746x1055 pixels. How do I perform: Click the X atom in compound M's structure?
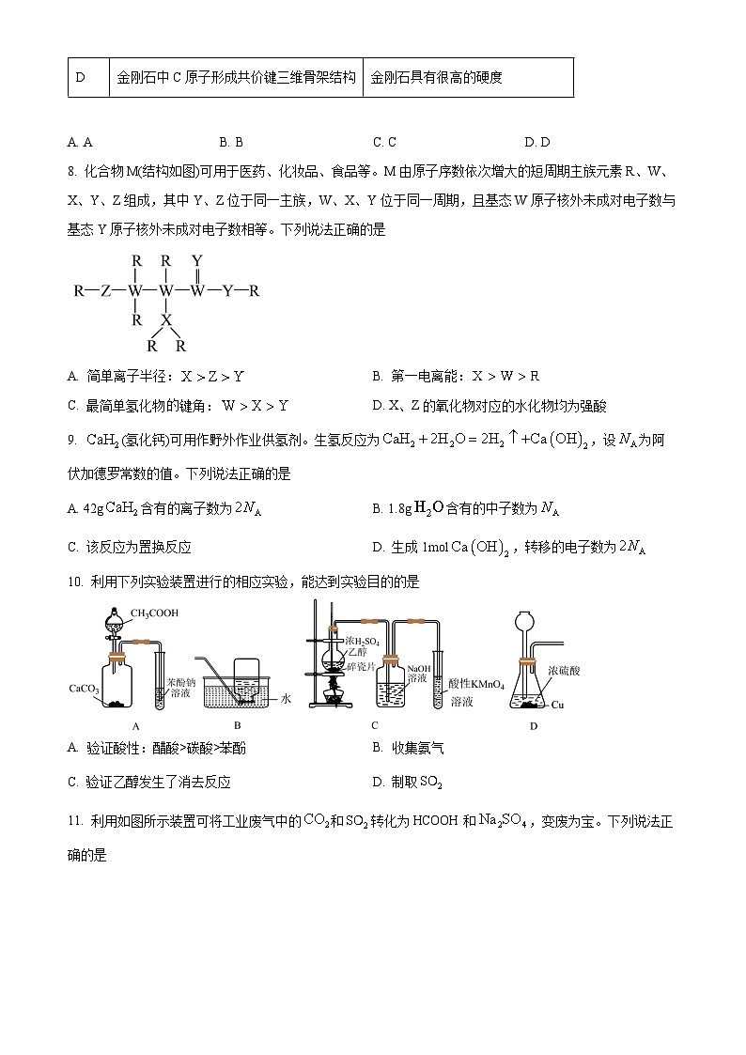[x=166, y=320]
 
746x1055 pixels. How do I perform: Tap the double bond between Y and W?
[x=196, y=276]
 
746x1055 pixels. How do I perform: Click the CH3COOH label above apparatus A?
[x=154, y=613]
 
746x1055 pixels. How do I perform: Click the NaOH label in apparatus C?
[x=418, y=669]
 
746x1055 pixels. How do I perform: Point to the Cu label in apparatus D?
[x=557, y=705]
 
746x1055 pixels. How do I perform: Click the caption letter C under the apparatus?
[x=374, y=725]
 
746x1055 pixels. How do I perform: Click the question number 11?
[x=76, y=821]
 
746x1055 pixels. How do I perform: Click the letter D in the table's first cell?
[x=80, y=77]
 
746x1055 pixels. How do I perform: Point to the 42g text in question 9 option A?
[x=92, y=508]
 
